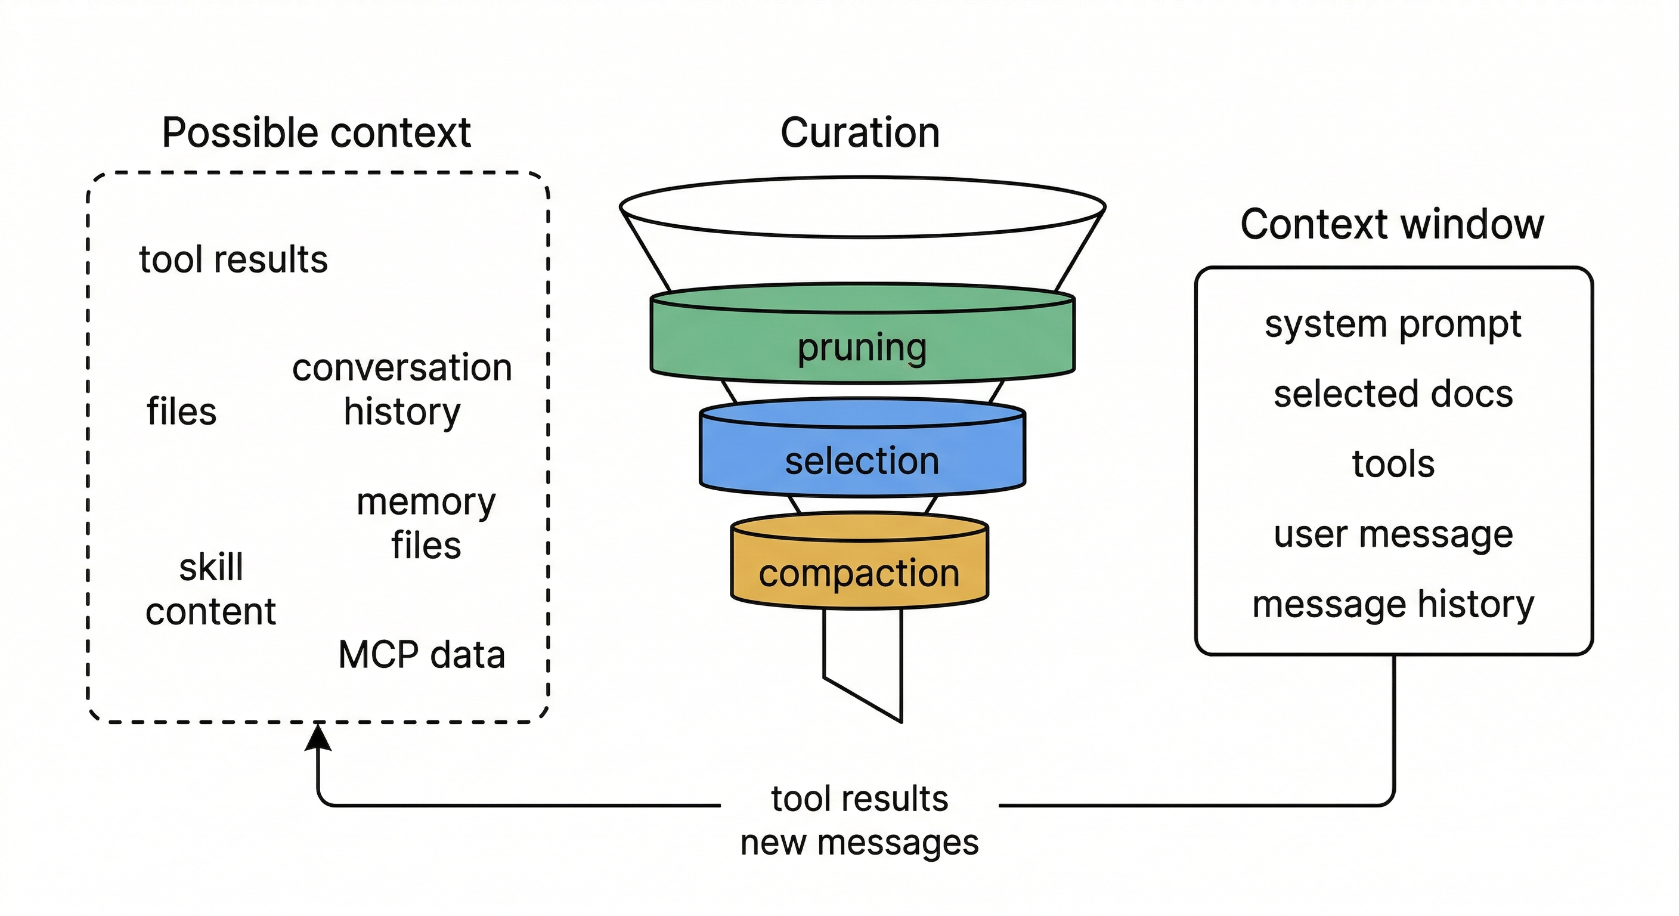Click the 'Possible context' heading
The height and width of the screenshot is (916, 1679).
pyautogui.click(x=316, y=133)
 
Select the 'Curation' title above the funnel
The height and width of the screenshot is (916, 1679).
pyautogui.click(x=860, y=133)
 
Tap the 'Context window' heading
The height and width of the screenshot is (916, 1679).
pyautogui.click(x=1392, y=224)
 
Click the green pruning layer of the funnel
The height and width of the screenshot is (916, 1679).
pyautogui.click(x=862, y=347)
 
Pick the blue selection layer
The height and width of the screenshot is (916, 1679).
pyautogui.click(x=862, y=461)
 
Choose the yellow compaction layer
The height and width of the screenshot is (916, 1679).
pyautogui.click(x=859, y=573)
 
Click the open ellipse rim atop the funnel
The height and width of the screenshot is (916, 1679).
pyautogui.click(x=862, y=208)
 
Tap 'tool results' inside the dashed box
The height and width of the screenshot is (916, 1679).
pyautogui.click(x=233, y=259)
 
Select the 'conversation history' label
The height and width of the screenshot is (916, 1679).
pyautogui.click(x=402, y=389)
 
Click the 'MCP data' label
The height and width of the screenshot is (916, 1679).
pyautogui.click(x=422, y=655)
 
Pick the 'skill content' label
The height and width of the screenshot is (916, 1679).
pyautogui.click(x=210, y=589)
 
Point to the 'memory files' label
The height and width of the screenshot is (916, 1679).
pyautogui.click(x=426, y=524)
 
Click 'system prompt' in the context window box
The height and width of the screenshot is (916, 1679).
pyautogui.click(x=1393, y=324)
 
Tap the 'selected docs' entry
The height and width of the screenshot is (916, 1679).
pyautogui.click(x=1393, y=394)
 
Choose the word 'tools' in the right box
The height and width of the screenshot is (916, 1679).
pyautogui.click(x=1393, y=464)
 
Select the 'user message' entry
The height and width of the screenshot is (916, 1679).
pyautogui.click(x=1393, y=534)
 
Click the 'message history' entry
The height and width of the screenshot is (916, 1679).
pyautogui.click(x=1393, y=604)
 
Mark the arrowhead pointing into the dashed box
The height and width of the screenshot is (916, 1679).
pyautogui.click(x=318, y=738)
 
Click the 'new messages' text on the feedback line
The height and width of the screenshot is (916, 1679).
pyautogui.click(x=859, y=842)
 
